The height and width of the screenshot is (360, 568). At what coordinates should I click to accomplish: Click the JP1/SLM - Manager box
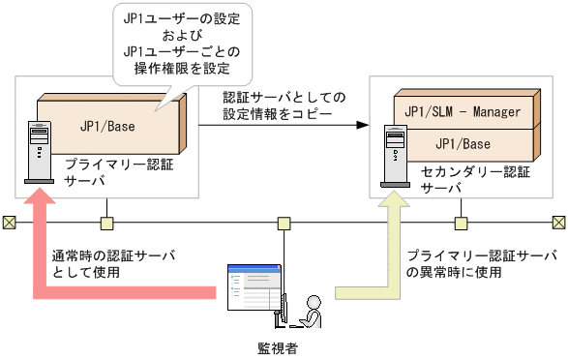pyautogui.click(x=463, y=111)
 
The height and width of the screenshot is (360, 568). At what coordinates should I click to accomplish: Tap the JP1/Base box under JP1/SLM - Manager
pyautogui.click(x=463, y=143)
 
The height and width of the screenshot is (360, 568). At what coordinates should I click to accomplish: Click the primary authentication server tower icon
pyautogui.click(x=37, y=150)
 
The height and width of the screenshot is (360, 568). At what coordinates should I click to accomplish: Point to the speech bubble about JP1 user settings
pyautogui.click(x=182, y=45)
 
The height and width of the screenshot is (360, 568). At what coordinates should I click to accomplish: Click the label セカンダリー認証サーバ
pyautogui.click(x=463, y=180)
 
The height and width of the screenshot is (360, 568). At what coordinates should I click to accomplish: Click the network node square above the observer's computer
pyautogui.click(x=284, y=224)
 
